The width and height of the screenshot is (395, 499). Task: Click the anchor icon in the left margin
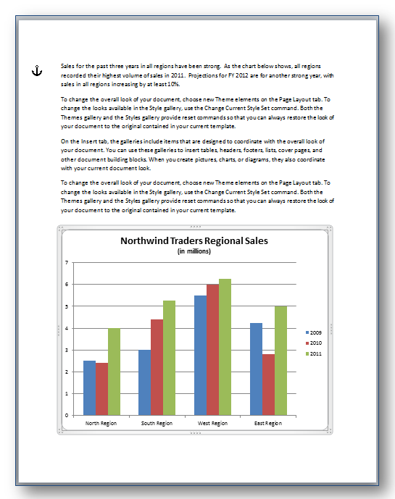pos(38,70)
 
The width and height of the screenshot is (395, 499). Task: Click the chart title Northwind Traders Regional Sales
pos(194,241)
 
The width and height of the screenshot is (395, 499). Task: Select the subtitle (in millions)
pos(194,251)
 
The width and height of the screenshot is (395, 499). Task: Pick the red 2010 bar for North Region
pos(101,389)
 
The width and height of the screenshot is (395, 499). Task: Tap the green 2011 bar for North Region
pos(114,372)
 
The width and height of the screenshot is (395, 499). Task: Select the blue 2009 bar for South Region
pos(144,382)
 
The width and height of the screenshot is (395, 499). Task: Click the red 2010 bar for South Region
pos(156,367)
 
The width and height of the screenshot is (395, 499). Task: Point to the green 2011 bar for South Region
pos(168,358)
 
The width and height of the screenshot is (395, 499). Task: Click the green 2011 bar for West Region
pos(225,347)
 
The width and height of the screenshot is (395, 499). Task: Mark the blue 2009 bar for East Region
pos(256,369)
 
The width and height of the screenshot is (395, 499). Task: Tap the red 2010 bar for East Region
pos(268,385)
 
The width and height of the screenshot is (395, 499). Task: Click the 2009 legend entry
pos(316,332)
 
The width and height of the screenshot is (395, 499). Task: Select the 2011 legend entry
pos(316,353)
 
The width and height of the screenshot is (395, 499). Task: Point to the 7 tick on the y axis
pos(66,263)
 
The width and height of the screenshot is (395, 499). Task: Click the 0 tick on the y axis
pos(66,415)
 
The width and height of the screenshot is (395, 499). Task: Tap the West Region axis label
pos(212,423)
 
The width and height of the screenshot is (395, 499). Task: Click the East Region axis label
pos(267,423)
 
